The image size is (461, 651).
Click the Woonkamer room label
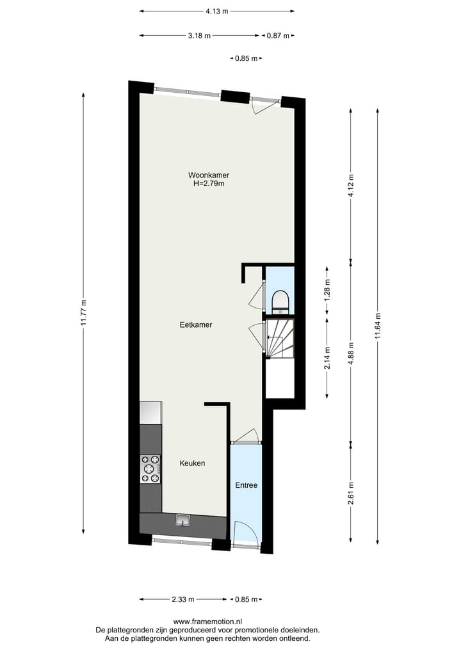(209, 175)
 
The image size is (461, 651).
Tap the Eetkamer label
(195, 325)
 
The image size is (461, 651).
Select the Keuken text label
(192, 463)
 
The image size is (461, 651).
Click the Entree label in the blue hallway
(246, 485)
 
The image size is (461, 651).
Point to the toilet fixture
(280, 301)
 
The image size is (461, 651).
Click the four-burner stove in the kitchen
(150, 469)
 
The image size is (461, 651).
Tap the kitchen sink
(183, 520)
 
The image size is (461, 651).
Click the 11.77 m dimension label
(83, 314)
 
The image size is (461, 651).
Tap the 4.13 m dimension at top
(217, 11)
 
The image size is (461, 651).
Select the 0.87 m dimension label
(278, 36)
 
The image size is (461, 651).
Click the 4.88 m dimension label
(350, 353)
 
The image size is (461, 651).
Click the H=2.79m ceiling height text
(209, 184)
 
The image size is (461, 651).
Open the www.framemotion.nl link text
(207, 621)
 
